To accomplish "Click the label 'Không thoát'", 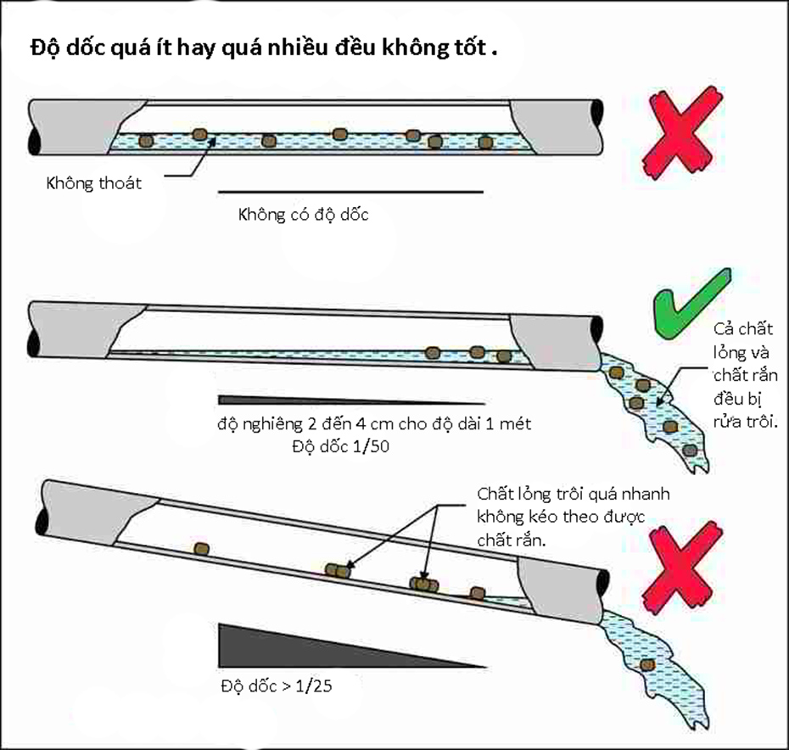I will [94, 182].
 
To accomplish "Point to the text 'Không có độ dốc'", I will [304, 215].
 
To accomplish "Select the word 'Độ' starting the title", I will [44, 48].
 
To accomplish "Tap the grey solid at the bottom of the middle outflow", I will [691, 448].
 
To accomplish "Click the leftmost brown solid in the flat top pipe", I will [146, 140].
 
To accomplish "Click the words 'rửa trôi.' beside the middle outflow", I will [747, 421].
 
